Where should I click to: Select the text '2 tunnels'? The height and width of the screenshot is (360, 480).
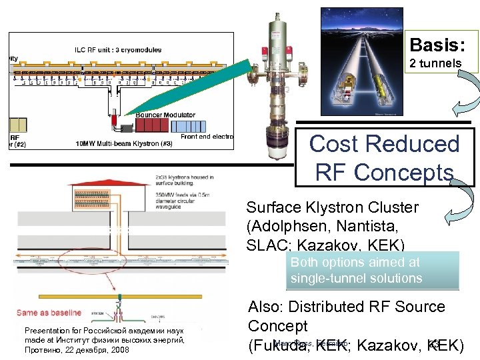436,63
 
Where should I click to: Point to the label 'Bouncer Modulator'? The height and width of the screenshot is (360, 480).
167,115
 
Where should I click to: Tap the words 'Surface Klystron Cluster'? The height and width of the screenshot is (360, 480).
332,207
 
